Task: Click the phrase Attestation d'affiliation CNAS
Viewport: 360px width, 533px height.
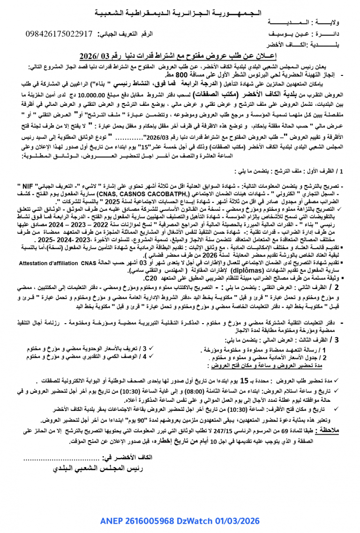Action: click(x=57, y=263)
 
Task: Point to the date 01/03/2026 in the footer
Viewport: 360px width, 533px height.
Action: click(x=239, y=521)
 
